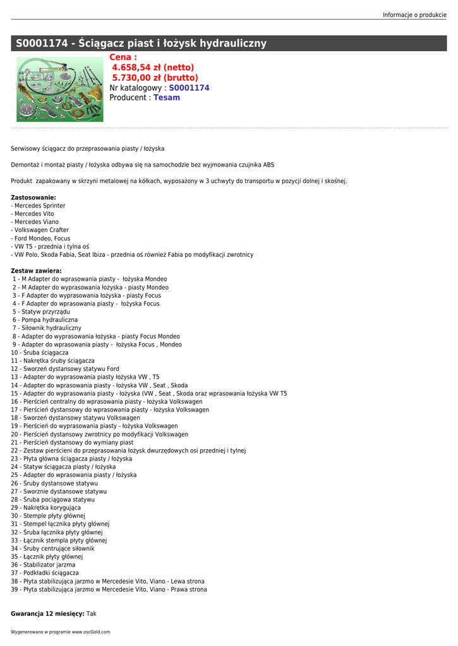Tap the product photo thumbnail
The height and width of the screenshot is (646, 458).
coord(59,89)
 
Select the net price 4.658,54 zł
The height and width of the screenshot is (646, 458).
coord(153,68)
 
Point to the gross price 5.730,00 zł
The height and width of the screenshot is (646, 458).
coord(155,78)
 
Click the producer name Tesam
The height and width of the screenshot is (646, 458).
coord(167,98)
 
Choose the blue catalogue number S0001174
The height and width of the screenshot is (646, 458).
coord(189,88)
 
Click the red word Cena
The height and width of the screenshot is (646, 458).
coord(123,57)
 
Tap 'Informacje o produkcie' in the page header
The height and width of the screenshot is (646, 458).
coord(414,15)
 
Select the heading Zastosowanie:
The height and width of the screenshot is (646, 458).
coord(33,197)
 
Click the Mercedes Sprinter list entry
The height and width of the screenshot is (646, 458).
coord(39,206)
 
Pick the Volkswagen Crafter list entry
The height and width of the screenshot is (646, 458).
coord(41,230)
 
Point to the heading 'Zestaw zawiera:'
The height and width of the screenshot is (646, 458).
coord(36,271)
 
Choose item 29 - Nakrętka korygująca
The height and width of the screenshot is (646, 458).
coord(46,507)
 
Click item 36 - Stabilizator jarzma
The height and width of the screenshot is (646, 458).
coord(43,565)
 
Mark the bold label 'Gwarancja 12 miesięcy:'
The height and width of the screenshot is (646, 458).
coord(47,613)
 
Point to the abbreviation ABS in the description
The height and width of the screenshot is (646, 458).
coord(268,165)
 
